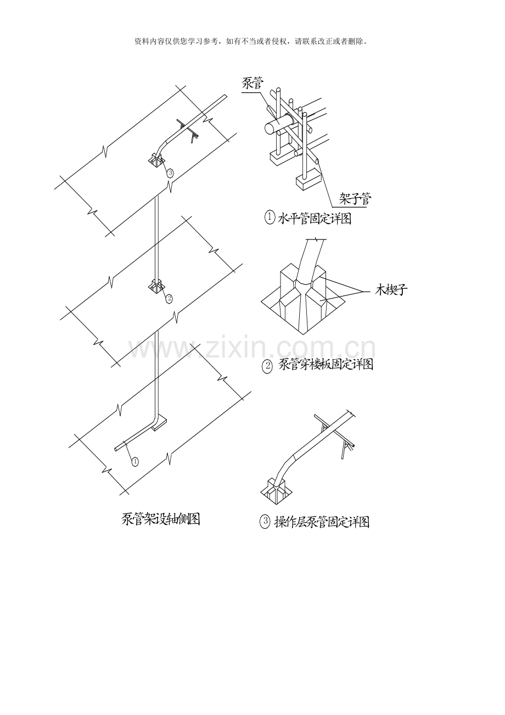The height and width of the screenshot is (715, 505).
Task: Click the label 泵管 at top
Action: [x=252, y=83]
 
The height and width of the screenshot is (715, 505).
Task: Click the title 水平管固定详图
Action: [x=315, y=219]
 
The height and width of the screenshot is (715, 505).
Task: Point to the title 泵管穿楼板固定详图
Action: [x=326, y=364]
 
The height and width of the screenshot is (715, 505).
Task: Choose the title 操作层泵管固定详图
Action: [x=322, y=522]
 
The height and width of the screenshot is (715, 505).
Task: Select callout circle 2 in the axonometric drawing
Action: [x=169, y=298]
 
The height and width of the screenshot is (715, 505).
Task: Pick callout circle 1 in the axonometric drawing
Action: [x=135, y=461]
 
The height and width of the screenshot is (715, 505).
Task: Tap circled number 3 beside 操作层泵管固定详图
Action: [x=265, y=522]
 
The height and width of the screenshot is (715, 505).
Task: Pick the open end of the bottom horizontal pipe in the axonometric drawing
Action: [x=115, y=449]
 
